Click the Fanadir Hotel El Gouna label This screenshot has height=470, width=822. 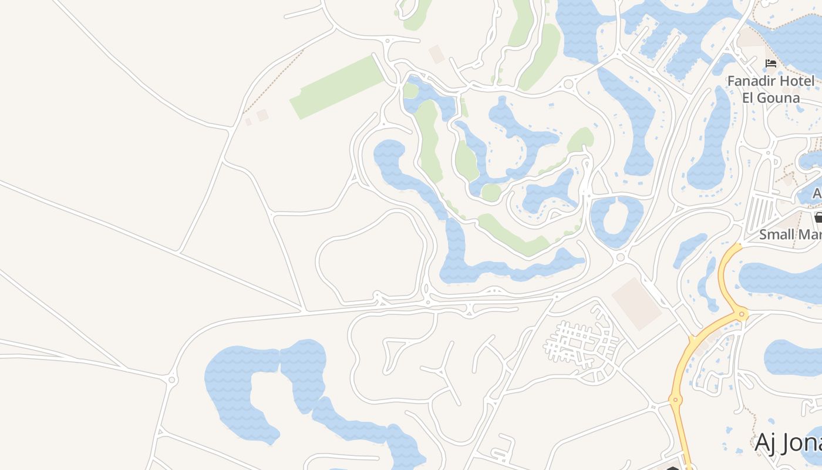(x=770, y=89)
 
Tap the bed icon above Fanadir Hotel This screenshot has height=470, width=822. (x=771, y=63)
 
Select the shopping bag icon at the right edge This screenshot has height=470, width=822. (x=818, y=218)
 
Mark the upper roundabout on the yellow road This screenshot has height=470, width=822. (x=742, y=314)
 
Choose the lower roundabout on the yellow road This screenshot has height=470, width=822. (x=675, y=400)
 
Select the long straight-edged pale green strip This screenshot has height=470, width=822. (x=338, y=87)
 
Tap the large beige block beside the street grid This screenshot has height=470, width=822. (x=637, y=303)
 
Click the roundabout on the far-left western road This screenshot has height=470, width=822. (x=172, y=380)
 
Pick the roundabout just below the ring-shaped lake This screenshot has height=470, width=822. (x=621, y=257)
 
